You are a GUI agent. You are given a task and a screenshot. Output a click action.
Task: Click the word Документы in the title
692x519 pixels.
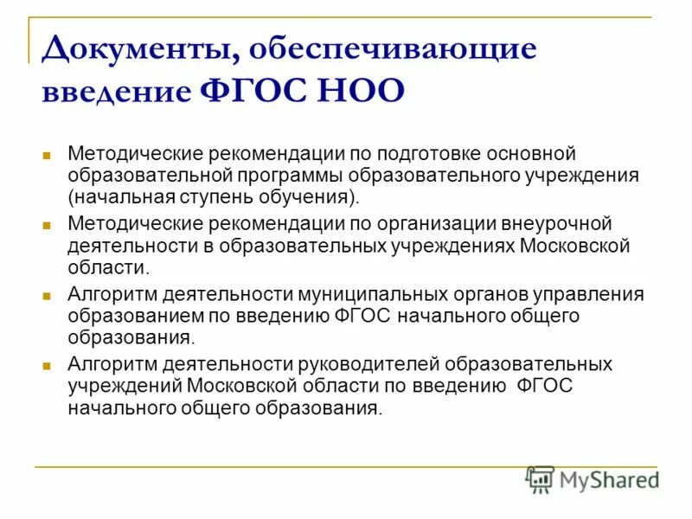click(135, 48)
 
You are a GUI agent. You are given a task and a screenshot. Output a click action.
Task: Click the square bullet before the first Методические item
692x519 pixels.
click(48, 155)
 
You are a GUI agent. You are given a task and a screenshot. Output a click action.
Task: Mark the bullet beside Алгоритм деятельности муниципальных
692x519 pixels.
click(48, 294)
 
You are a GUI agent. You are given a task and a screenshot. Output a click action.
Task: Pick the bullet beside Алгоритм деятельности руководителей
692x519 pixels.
click(48, 364)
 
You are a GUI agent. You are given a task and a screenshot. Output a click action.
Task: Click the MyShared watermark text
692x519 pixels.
click(610, 479)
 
